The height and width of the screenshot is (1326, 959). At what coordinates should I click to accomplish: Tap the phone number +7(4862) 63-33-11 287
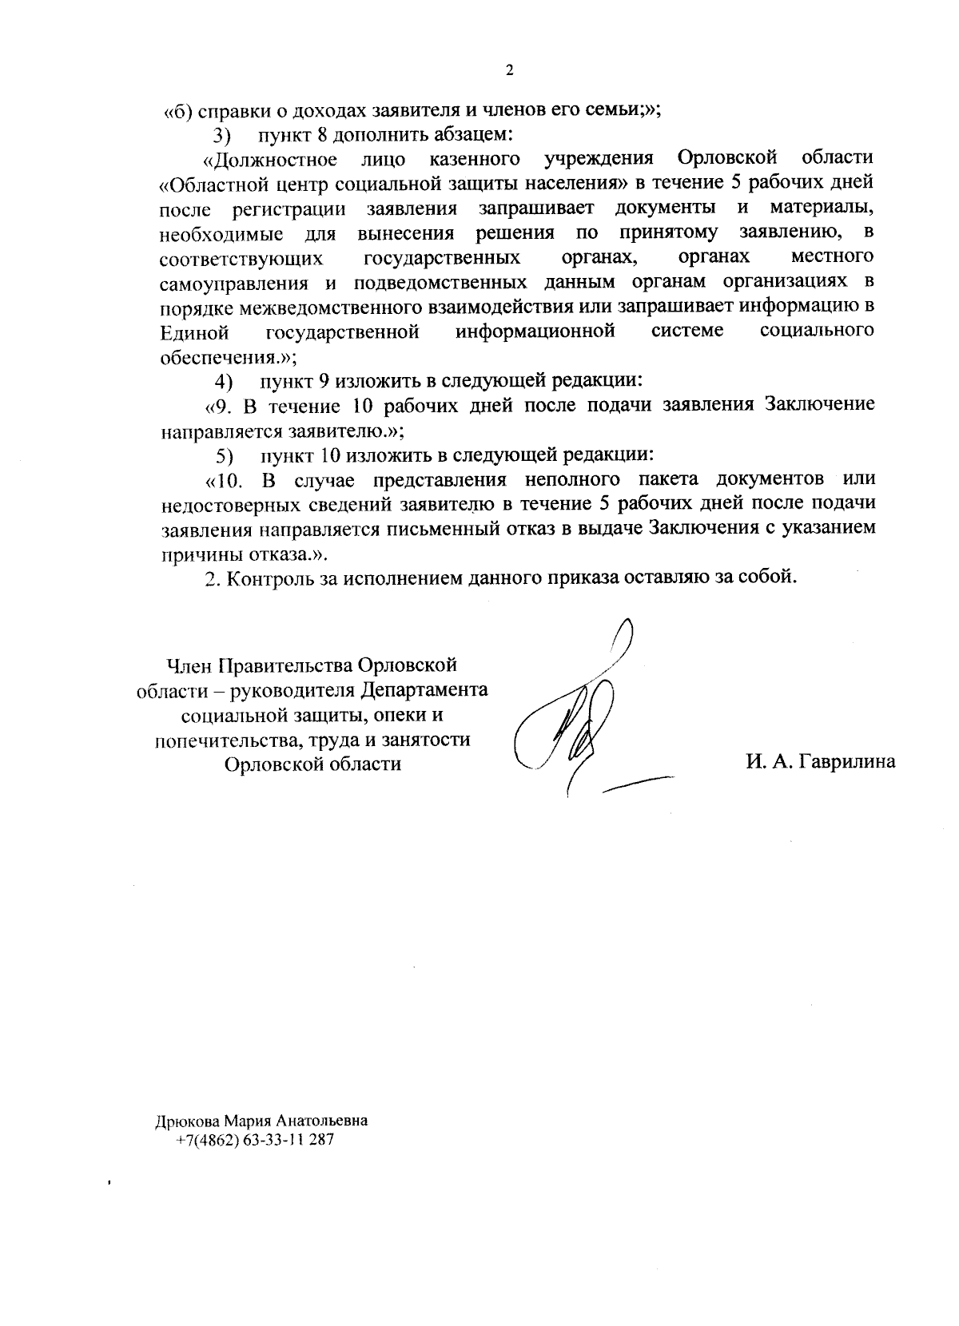click(x=255, y=1140)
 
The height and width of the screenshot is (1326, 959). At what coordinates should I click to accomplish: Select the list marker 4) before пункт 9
click(x=223, y=380)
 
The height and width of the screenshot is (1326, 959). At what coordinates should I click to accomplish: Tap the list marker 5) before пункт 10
click(x=224, y=456)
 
